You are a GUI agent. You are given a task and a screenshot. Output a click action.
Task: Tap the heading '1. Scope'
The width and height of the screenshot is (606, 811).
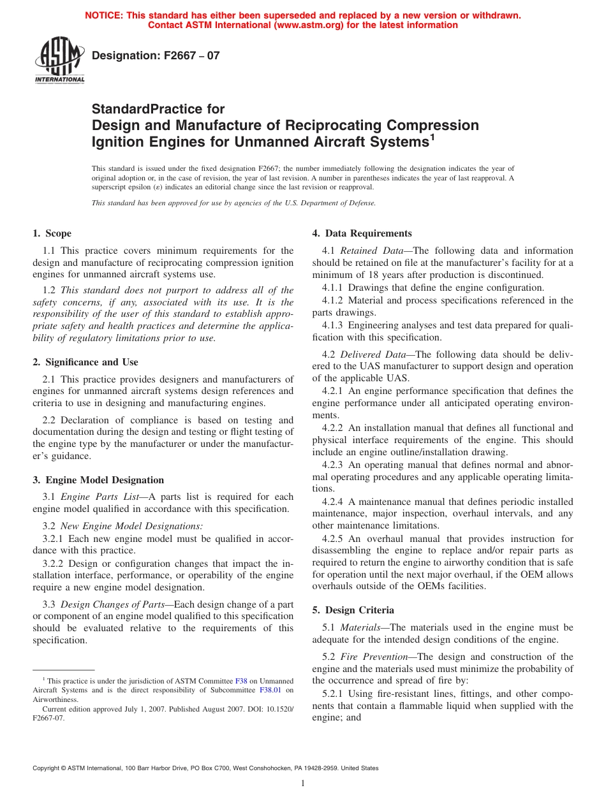52,233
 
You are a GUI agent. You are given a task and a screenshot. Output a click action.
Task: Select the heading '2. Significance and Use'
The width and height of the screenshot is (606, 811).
85,362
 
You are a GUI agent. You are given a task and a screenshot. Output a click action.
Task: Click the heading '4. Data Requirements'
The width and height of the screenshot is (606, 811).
362,233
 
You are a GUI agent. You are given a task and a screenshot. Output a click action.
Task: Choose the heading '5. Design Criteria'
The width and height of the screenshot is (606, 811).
353,610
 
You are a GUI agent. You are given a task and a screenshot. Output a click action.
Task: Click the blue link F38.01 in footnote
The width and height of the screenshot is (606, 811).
269,690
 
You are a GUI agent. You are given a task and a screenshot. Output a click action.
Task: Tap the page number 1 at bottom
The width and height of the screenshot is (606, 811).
303,784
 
